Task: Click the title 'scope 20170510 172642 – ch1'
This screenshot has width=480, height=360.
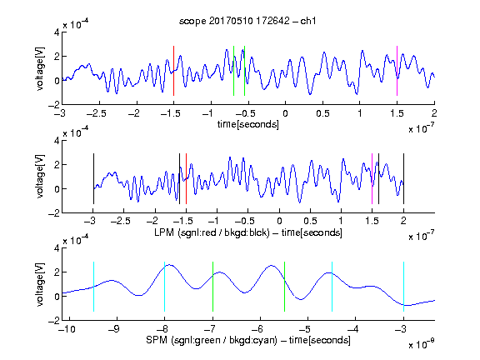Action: click(247, 21)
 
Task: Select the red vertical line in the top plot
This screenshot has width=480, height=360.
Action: click(173, 71)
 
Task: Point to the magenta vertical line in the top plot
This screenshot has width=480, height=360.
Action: click(397, 71)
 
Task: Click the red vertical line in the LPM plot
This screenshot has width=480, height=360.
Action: click(186, 179)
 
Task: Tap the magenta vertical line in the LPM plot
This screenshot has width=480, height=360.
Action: click(372, 179)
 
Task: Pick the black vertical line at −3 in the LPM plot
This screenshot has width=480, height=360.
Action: click(93, 179)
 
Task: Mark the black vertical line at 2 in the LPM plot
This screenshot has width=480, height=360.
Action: click(403, 179)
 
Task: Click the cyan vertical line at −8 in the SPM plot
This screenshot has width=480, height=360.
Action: click(165, 287)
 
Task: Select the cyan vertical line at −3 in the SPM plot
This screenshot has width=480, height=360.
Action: click(403, 287)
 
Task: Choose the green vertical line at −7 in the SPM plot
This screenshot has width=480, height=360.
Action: click(212, 287)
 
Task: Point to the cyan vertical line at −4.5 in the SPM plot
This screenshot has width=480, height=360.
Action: click(332, 287)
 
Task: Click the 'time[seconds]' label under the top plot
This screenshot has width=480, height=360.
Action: click(248, 124)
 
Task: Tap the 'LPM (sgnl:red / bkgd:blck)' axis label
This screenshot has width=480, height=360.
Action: click(212, 232)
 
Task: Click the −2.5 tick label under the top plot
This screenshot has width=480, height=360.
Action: click(96, 113)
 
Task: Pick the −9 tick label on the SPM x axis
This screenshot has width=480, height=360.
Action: click(114, 329)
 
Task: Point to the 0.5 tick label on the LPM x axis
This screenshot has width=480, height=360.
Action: click(310, 221)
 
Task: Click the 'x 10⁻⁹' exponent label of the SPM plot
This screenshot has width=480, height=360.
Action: click(422, 344)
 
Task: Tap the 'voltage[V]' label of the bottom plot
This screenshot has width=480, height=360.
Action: click(40, 284)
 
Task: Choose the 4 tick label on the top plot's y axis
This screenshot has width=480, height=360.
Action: click(57, 32)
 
